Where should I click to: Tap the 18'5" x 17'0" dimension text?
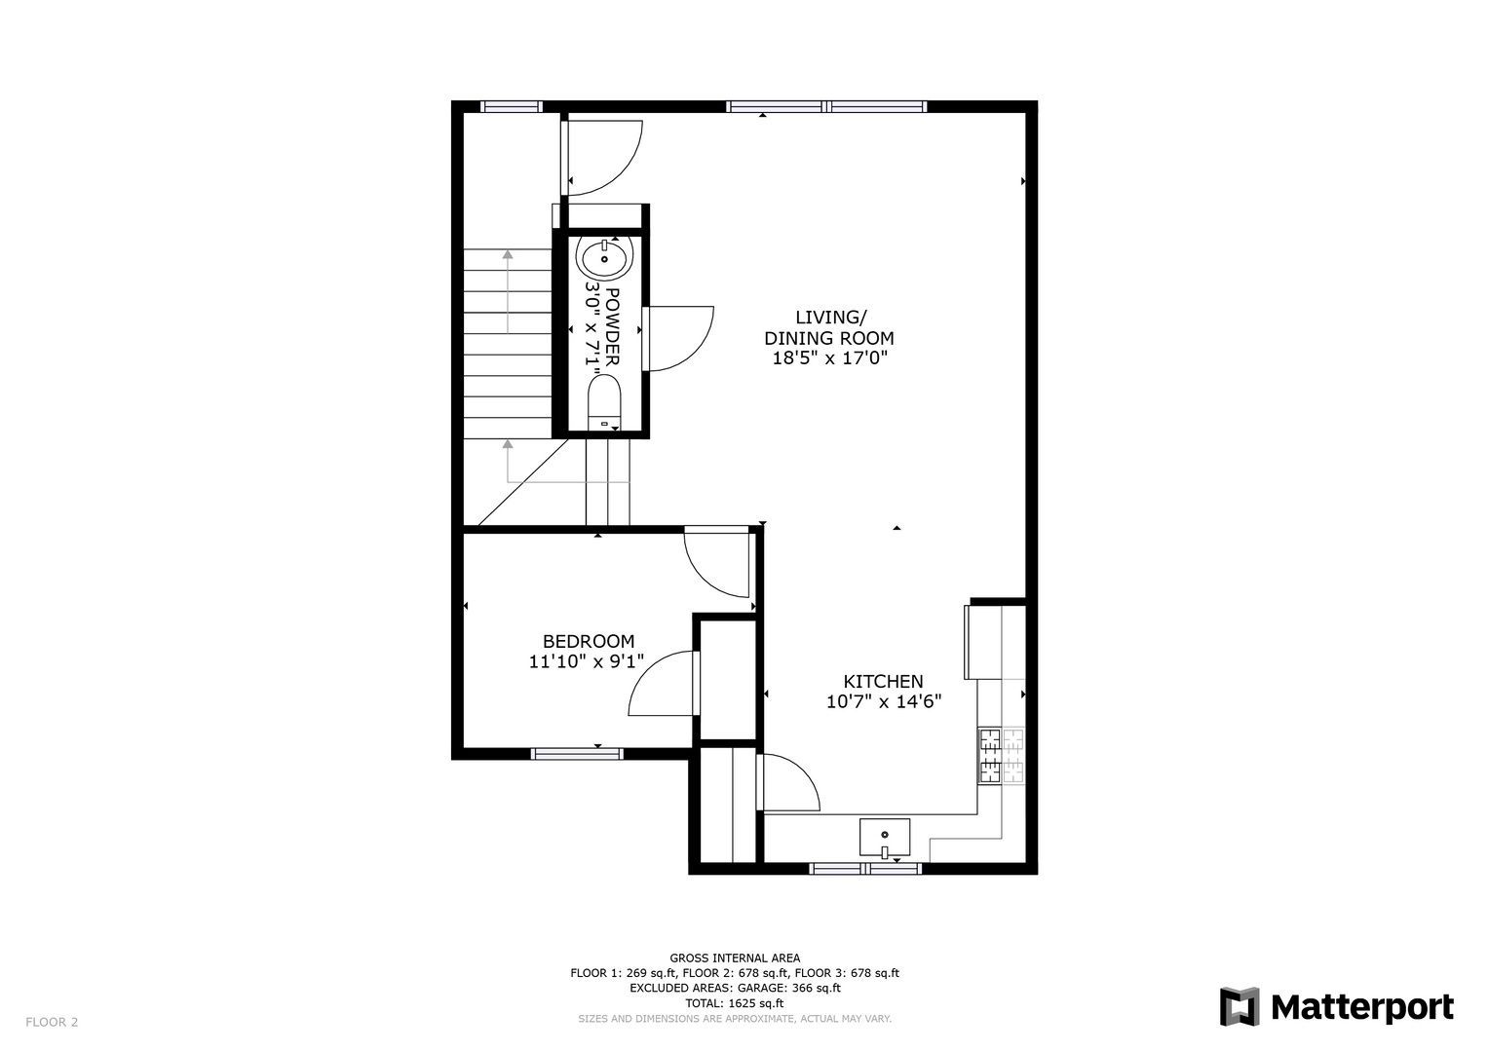point(829,358)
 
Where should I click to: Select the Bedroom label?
point(589,641)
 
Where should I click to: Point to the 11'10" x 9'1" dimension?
point(587,661)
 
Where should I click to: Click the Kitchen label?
point(884,682)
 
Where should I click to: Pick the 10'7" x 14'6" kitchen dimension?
point(884,701)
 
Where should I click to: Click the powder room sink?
point(604,258)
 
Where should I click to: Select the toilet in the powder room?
point(604,401)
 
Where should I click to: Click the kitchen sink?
point(885,838)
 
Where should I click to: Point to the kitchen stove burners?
point(1001,755)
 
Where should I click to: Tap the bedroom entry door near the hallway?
point(717,563)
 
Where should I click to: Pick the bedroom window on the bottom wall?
point(577,754)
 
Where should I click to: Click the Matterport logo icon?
point(1240,1007)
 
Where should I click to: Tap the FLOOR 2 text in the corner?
point(52,1022)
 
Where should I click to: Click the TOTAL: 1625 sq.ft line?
point(735,1003)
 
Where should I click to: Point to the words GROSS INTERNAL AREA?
point(735,958)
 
